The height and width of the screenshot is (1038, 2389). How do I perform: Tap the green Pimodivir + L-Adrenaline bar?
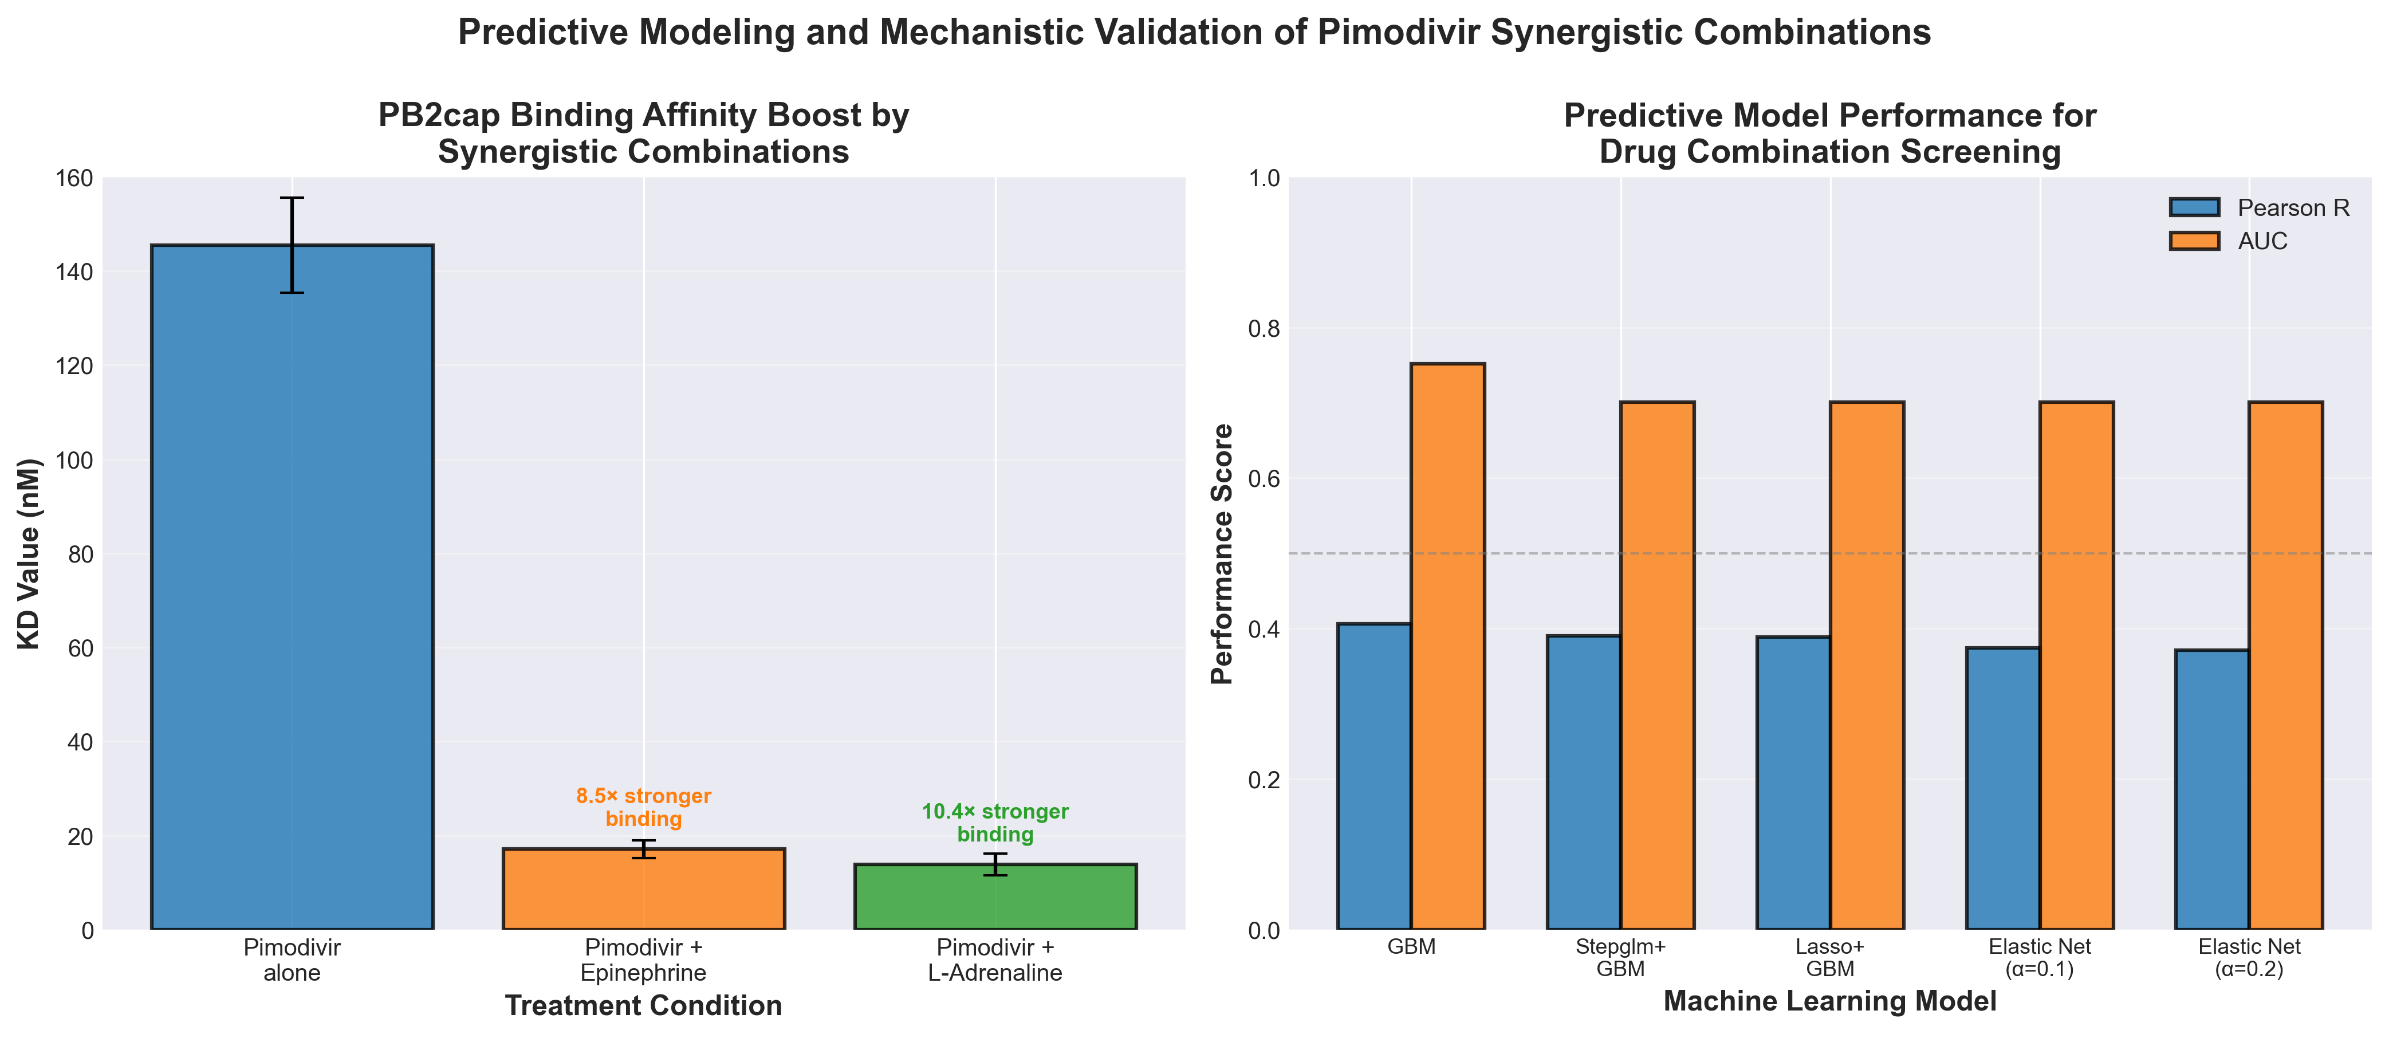pos(995,897)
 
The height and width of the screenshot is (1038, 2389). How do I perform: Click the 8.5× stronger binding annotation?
pos(644,807)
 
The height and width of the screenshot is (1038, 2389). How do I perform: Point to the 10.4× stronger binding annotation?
pos(995,823)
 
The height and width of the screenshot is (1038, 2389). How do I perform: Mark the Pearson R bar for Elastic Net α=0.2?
pos(2213,788)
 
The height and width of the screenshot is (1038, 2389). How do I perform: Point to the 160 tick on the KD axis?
pos(75,178)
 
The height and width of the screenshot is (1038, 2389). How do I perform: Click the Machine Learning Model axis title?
pos(1830,1001)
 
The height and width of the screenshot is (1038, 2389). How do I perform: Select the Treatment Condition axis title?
pos(644,1005)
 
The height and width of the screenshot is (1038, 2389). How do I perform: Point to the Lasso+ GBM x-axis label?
pos(1830,958)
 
